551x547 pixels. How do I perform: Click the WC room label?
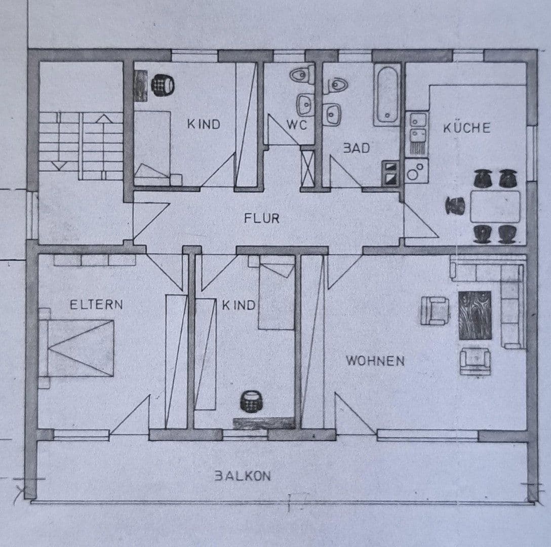297,125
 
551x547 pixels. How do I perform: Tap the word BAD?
357,148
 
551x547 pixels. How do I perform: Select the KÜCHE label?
466,128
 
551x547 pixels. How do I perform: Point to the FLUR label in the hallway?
261,218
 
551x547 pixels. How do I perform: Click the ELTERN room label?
96,305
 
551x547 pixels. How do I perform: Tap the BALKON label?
242,476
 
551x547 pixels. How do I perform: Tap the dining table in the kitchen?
495,207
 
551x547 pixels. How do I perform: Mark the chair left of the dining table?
455,205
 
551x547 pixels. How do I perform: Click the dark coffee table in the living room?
475,315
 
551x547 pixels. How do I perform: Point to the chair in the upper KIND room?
163,84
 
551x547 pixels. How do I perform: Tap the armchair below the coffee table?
475,360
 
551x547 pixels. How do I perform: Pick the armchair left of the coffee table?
435,310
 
